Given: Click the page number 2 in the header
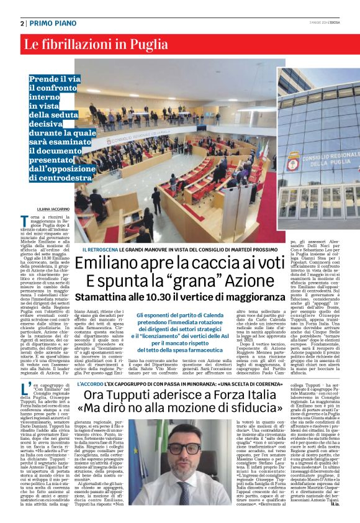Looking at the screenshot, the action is pyautogui.click(x=22, y=23).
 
